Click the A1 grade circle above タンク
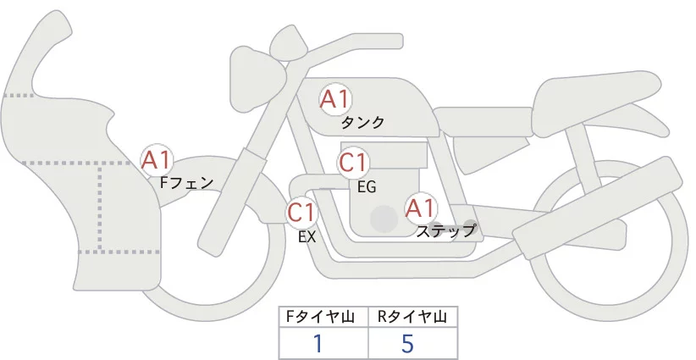334,99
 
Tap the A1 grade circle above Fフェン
157,158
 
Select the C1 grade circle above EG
353,163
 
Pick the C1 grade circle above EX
301,212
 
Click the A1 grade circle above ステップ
421,208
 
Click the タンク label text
362,123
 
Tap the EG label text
367,186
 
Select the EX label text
307,237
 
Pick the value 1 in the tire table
318,344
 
